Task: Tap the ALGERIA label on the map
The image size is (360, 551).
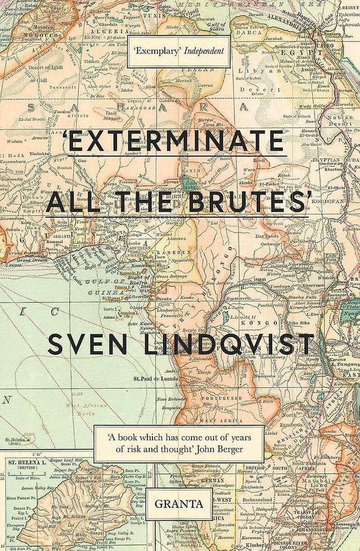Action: pos(101,33)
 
